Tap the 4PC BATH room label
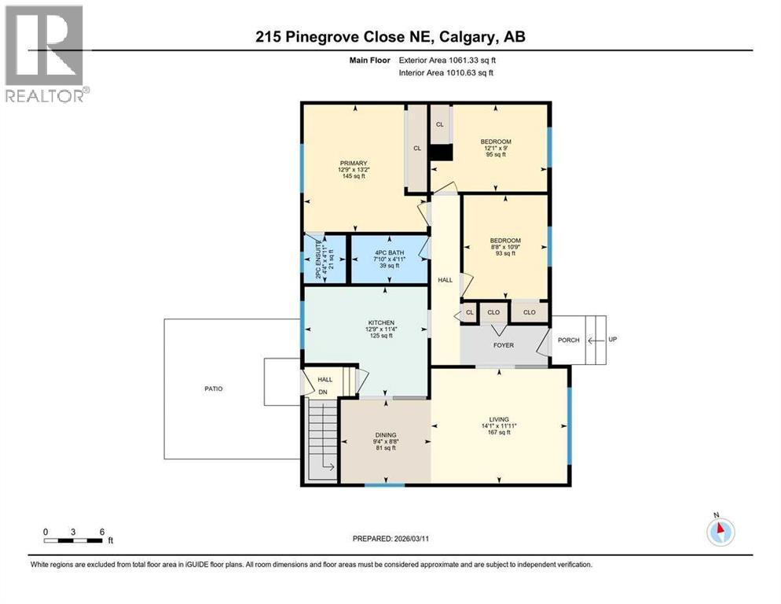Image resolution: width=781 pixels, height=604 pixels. pyautogui.click(x=389, y=252)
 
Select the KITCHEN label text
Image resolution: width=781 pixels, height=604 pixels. pyautogui.click(x=379, y=323)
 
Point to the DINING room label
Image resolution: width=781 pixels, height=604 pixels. pyautogui.click(x=385, y=435)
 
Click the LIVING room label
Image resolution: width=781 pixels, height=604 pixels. pyautogui.click(x=499, y=419)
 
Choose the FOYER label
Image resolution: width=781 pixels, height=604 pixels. pyautogui.click(x=504, y=344)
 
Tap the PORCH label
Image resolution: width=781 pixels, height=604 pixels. pyautogui.click(x=568, y=341)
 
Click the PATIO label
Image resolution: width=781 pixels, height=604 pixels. pyautogui.click(x=214, y=389)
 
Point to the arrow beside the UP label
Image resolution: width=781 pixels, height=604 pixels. pyautogui.click(x=598, y=341)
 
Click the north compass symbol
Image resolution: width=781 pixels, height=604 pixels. pyautogui.click(x=719, y=532)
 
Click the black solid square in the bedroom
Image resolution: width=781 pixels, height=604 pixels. pyautogui.click(x=443, y=153)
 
